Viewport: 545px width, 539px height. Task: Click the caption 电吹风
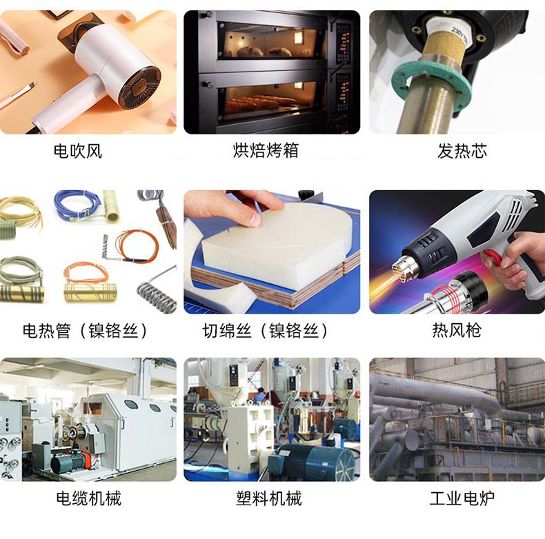point(78,152)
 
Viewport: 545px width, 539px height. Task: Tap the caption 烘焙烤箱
point(266,151)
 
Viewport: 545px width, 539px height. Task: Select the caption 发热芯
point(462,151)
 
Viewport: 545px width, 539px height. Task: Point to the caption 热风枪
point(457,330)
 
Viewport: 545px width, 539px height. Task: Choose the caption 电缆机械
point(88,498)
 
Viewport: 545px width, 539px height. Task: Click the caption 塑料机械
point(268,498)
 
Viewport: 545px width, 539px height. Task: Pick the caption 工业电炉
point(462,498)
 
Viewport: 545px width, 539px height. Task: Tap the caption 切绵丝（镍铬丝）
point(265,331)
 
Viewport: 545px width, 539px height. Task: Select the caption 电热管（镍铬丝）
point(85,331)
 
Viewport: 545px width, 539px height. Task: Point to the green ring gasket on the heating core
point(432,83)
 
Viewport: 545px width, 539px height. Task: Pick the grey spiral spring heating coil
point(157,294)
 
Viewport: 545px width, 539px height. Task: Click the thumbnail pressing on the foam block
point(255,219)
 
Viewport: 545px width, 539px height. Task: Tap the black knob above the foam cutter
point(306,194)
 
